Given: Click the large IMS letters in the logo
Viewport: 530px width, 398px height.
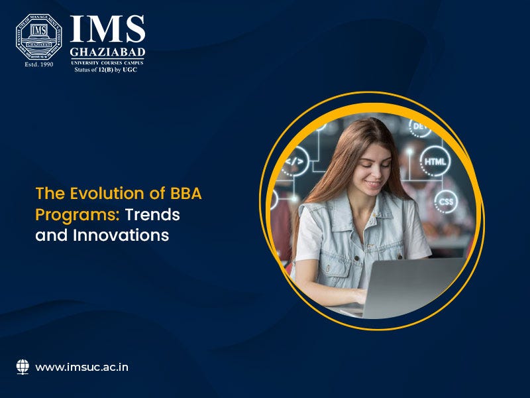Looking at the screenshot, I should click(x=107, y=30).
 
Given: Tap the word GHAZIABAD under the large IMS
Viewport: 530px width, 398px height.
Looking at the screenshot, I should click(x=107, y=52).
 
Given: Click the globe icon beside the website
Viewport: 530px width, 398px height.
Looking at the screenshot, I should click(x=23, y=366).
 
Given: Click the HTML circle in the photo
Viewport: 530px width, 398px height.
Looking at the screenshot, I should click(x=435, y=161).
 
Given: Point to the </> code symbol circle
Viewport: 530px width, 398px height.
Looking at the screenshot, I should click(x=296, y=161).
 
